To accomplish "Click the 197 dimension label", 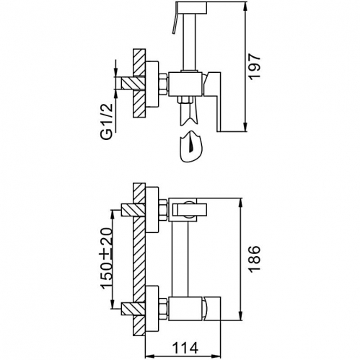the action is pos(255,67).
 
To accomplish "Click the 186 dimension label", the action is pos(255,259).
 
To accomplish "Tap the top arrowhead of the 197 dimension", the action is pos(245,6).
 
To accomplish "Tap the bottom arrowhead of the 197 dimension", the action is pos(245,127).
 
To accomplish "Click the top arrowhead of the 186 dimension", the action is pos(241,203).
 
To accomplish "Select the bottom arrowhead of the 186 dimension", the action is pos(241,316).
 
